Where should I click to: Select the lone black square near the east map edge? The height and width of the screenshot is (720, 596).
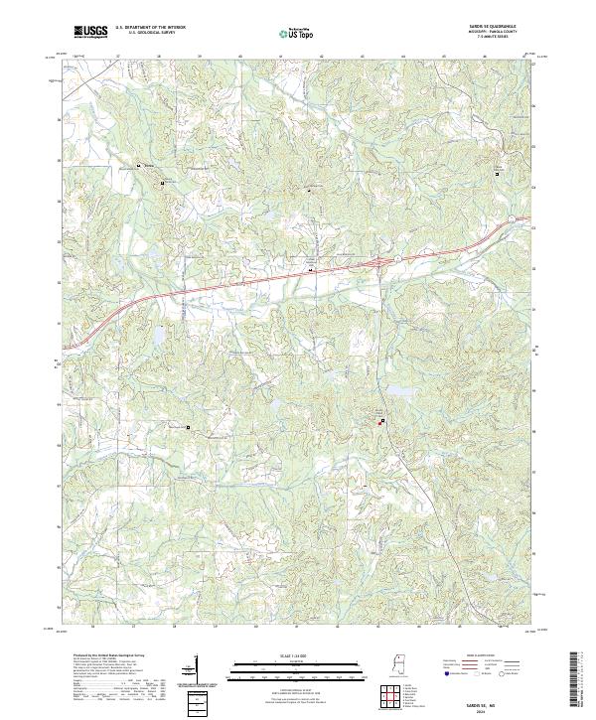498,174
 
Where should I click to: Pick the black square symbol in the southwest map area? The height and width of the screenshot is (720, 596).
188,429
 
